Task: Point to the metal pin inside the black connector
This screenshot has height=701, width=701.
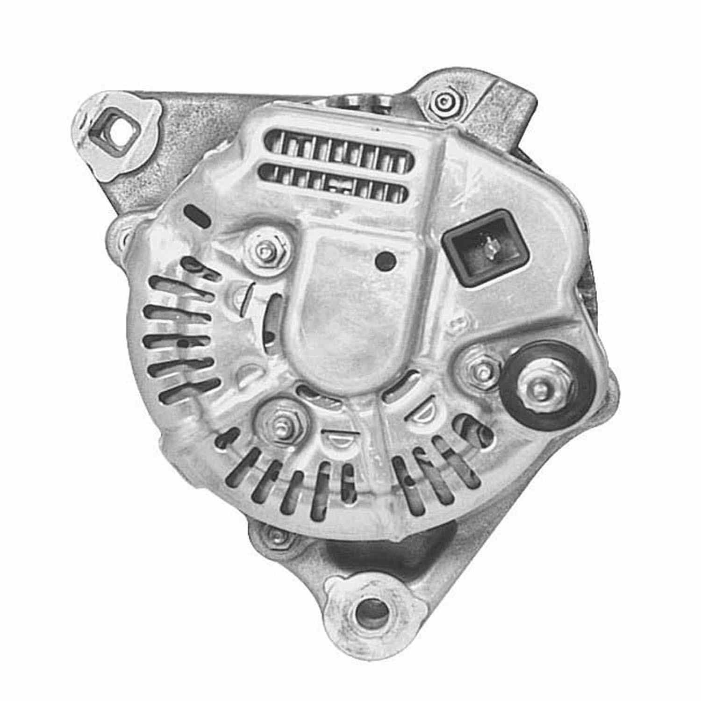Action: (490, 246)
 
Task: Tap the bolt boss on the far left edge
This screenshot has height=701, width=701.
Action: (122, 238)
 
